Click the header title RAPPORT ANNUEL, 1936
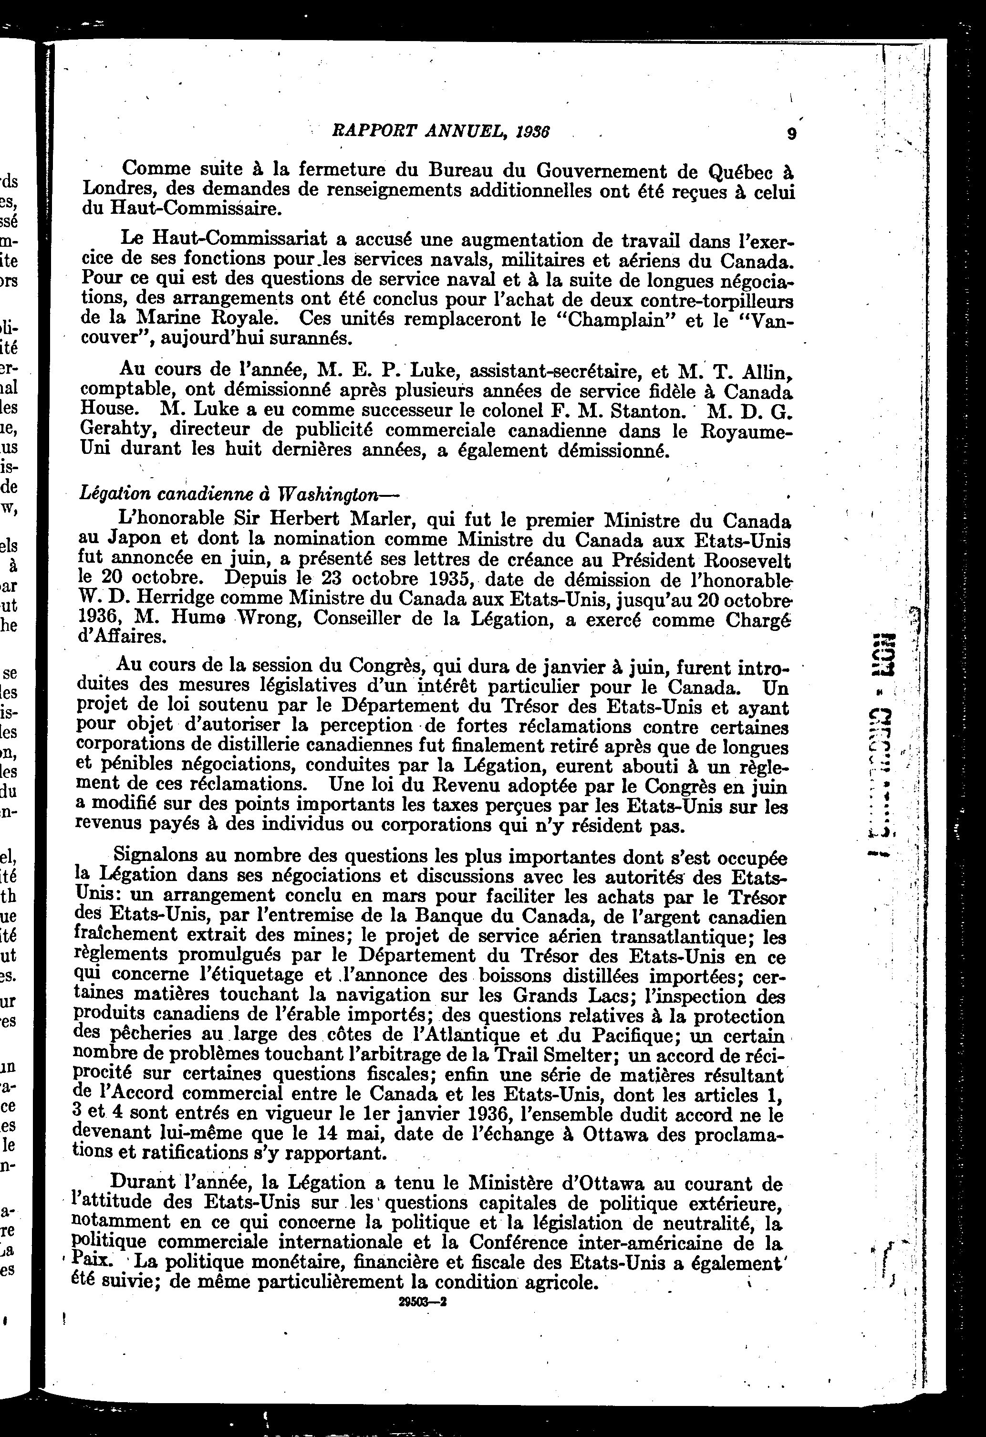point(441,131)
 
